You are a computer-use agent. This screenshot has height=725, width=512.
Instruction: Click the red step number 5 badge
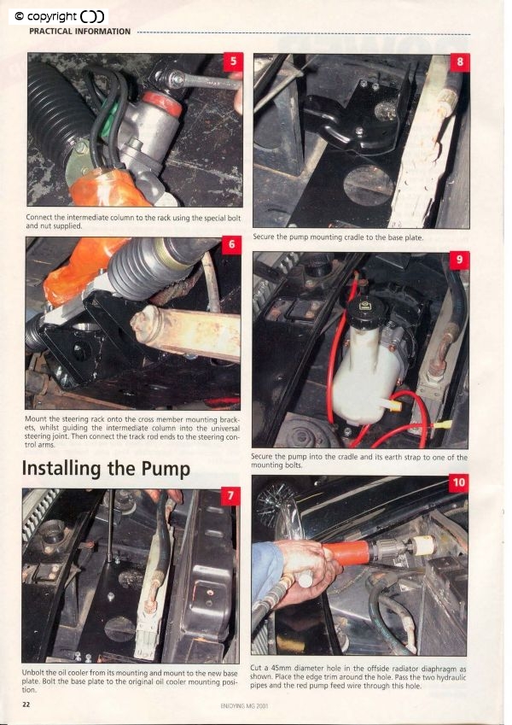[x=233, y=61]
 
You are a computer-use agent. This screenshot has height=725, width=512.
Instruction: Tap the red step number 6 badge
[x=231, y=244]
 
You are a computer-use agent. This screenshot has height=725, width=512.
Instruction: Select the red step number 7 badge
[x=230, y=495]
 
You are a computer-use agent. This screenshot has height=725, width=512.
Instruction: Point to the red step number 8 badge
[x=460, y=62]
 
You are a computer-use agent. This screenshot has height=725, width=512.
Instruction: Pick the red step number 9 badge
[x=459, y=260]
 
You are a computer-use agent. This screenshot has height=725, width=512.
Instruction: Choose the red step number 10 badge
[x=458, y=482]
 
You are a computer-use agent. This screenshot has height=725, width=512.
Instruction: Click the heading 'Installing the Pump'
[x=106, y=469]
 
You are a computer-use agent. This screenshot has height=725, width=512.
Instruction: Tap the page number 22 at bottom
[x=26, y=705]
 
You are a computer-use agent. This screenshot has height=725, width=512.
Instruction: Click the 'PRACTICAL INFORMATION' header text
[x=79, y=32]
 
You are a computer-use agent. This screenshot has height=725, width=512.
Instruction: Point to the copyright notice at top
[x=58, y=16]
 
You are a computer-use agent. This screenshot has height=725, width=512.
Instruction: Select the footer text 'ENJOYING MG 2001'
[x=244, y=706]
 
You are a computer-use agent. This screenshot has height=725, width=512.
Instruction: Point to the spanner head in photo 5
[x=176, y=79]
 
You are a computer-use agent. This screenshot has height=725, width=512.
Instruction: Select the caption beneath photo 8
[x=338, y=237]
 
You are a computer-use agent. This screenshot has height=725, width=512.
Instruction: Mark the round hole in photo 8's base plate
[x=369, y=185]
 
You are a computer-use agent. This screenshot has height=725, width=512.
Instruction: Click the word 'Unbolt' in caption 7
[x=32, y=673]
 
